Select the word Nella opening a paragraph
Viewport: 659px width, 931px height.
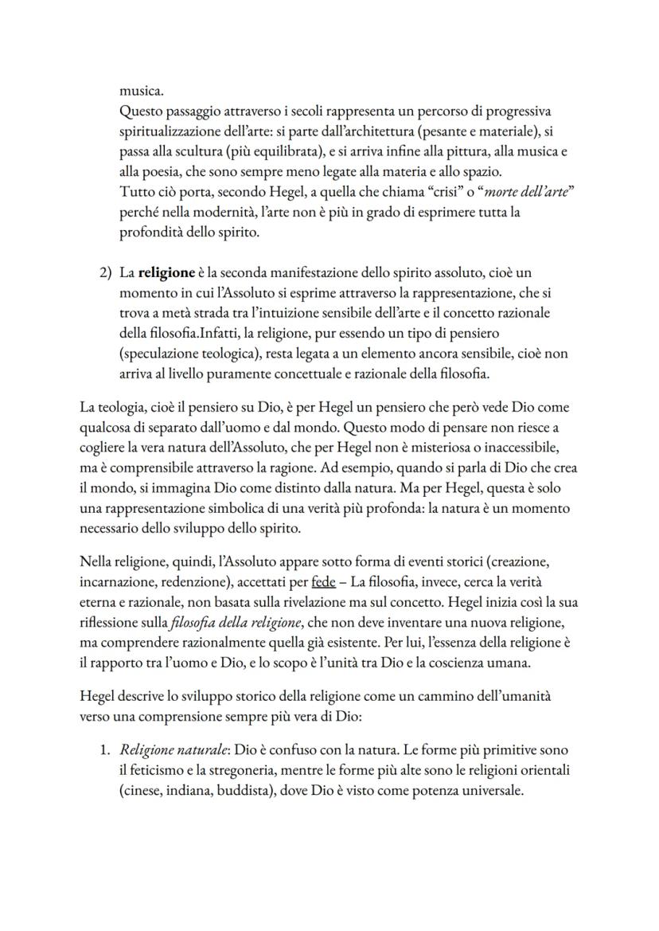tap(97, 562)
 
